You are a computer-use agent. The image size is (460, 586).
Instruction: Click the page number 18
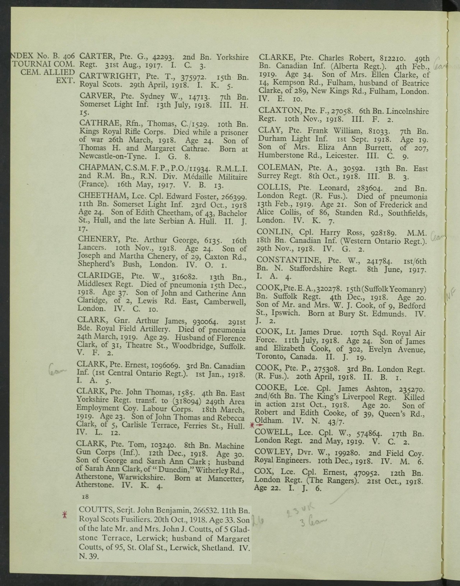(x=86, y=496)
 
